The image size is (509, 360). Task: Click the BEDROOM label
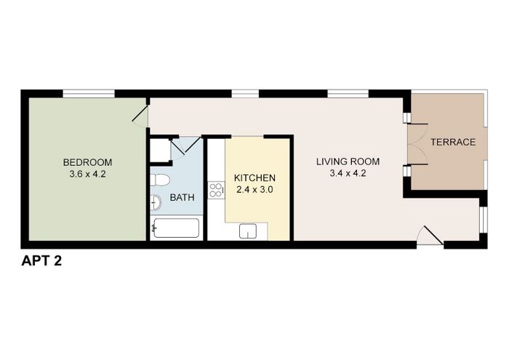pyautogui.click(x=87, y=162)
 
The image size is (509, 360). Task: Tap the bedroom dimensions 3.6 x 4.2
pyautogui.click(x=87, y=174)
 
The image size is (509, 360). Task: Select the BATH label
pyautogui.click(x=182, y=197)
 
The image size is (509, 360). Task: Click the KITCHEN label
pyautogui.click(x=254, y=178)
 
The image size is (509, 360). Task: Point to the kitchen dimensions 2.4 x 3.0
pyautogui.click(x=254, y=190)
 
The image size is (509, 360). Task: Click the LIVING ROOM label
pyautogui.click(x=348, y=161)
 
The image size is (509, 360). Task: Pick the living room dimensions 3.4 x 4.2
pyautogui.click(x=348, y=173)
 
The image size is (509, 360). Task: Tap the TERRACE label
pyautogui.click(x=453, y=142)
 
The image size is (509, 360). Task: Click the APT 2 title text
pyautogui.click(x=41, y=260)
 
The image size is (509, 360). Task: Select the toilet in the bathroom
pyautogui.click(x=160, y=180)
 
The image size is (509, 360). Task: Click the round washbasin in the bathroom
pyautogui.click(x=156, y=203)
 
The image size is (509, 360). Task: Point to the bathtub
pyautogui.click(x=176, y=228)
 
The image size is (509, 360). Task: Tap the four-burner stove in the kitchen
pyautogui.click(x=216, y=191)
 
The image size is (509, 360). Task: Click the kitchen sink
pyautogui.click(x=248, y=231)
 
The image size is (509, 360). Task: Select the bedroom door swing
pyautogui.click(x=140, y=115)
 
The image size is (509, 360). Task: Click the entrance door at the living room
pyautogui.click(x=430, y=236)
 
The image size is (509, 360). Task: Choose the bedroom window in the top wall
pyautogui.click(x=89, y=94)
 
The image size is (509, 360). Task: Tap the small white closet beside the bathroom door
pyautogui.click(x=161, y=150)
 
